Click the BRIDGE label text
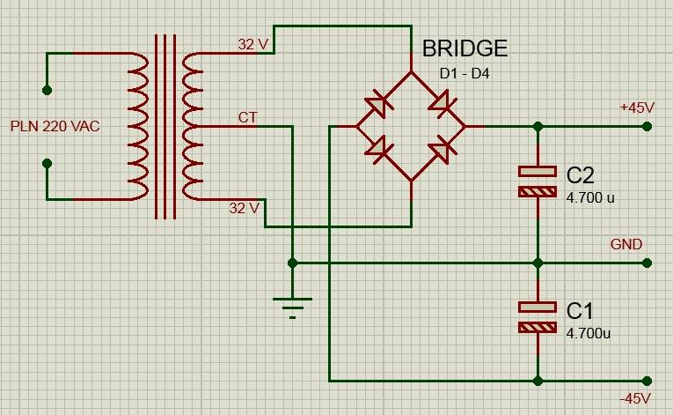[465, 48]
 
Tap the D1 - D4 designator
[465, 74]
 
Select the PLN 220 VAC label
[55, 127]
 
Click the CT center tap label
[248, 117]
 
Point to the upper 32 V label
[253, 44]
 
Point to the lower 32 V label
[244, 209]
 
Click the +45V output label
[637, 107]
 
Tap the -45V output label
[635, 398]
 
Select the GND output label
[626, 244]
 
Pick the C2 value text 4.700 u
[590, 197]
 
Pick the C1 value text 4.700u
[589, 334]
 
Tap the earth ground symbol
[292, 307]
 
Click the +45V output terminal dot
[647, 127]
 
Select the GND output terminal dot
[647, 263]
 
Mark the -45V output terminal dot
[647, 381]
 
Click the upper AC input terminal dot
[47, 90]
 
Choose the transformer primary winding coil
[138, 127]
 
